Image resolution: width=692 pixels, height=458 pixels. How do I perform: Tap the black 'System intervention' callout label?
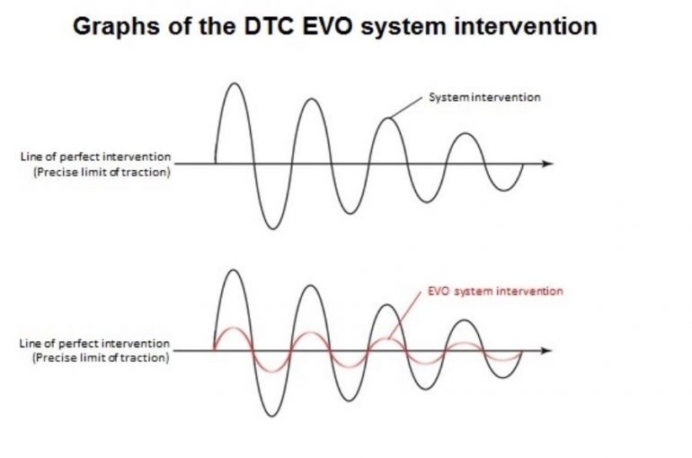coord(484,97)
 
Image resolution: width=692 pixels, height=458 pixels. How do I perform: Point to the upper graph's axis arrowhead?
coord(548,164)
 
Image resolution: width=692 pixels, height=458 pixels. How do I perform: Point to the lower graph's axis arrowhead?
coord(548,350)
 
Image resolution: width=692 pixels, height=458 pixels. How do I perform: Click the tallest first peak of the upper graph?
coord(235,85)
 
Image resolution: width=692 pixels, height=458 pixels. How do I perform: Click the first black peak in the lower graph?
coord(235,270)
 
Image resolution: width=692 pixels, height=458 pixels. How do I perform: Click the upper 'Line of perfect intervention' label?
coord(95,157)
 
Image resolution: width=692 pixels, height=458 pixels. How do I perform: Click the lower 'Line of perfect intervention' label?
coord(95,344)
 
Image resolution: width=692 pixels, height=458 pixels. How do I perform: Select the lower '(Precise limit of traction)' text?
coord(101,357)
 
